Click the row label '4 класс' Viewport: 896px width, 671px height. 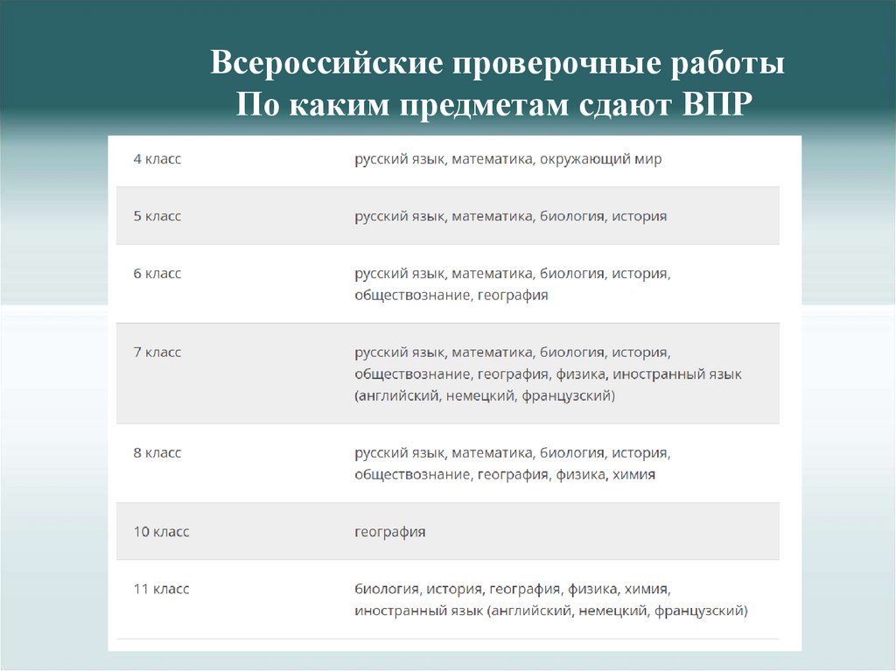point(157,159)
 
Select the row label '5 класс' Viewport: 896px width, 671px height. point(157,216)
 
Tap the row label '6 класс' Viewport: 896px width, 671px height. point(157,273)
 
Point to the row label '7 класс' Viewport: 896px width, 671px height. point(157,352)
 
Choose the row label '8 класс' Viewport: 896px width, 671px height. point(157,452)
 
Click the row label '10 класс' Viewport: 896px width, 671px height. point(161,531)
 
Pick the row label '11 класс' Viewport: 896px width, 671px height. point(161,589)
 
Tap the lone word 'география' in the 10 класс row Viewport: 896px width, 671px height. point(390,532)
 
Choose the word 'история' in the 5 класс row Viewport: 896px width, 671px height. point(640,216)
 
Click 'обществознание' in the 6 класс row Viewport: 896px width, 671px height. point(412,296)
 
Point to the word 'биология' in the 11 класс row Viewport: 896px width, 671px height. point(387,589)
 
